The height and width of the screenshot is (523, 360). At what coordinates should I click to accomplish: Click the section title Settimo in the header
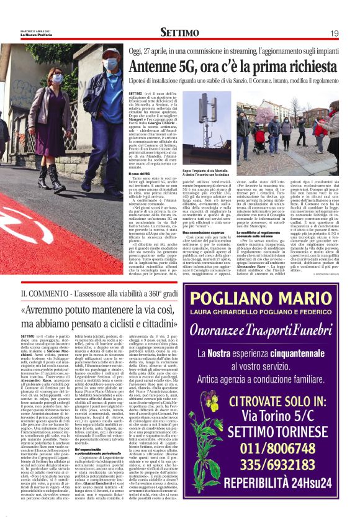click(x=180, y=32)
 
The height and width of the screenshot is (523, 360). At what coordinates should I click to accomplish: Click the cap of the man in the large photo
click(x=109, y=52)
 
